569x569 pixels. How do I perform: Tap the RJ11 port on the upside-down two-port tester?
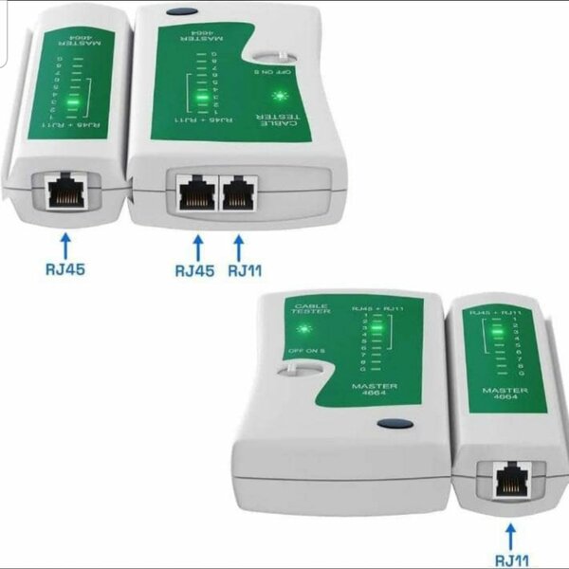click(238, 195)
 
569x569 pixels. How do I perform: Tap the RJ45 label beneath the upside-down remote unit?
click(64, 269)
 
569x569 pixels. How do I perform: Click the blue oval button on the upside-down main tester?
click(175, 12)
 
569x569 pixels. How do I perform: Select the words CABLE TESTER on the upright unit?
click(311, 312)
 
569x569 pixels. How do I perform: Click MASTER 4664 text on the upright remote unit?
click(503, 395)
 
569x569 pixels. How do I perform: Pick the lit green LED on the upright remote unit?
click(495, 332)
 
